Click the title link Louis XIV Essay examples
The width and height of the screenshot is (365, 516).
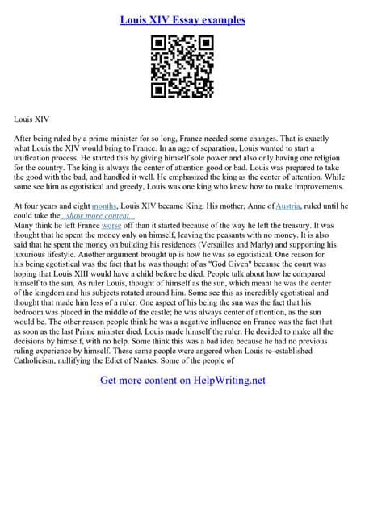pyautogui.click(x=182, y=19)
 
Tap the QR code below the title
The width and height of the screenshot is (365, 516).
pyautogui.click(x=182, y=68)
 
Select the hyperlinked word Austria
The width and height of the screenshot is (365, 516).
pyautogui.click(x=290, y=206)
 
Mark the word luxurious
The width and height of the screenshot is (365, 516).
pyautogui.click(x=35, y=254)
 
